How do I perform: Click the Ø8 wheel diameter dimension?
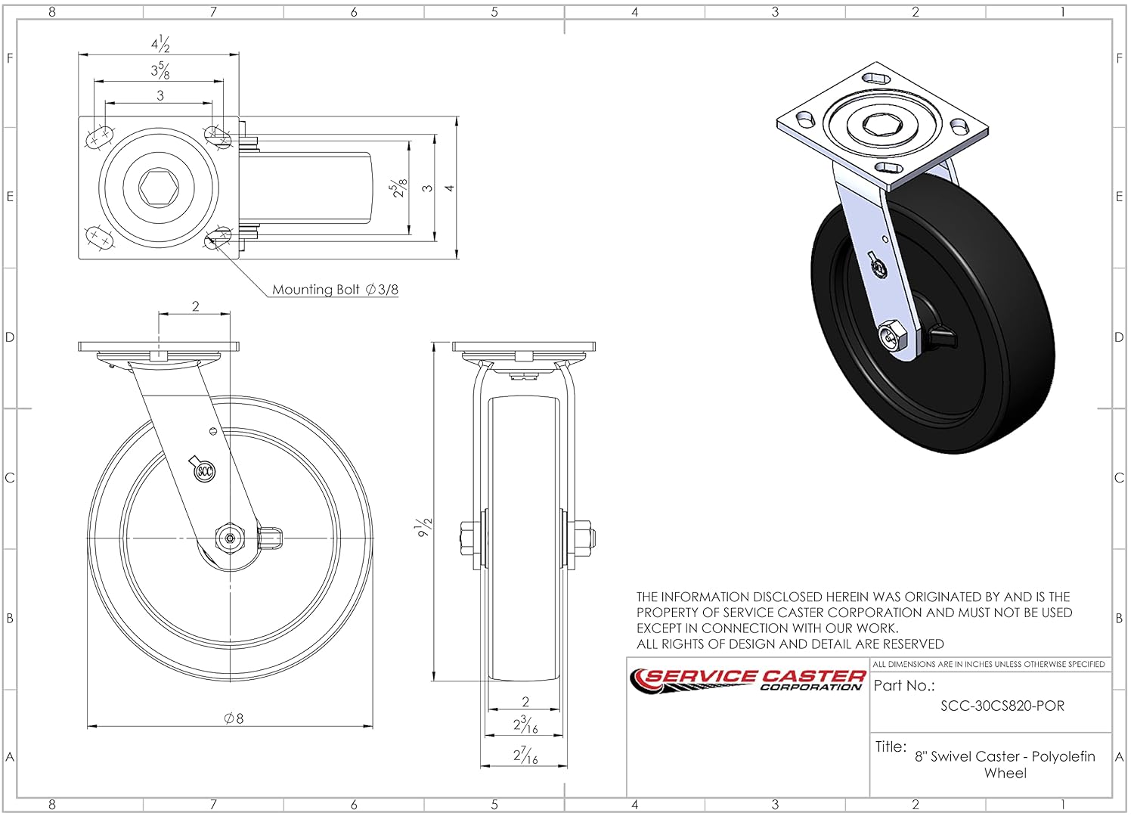pos(234,718)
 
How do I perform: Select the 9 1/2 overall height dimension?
pos(426,526)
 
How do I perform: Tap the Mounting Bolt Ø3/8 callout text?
pos(335,290)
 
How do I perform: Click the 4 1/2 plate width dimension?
pos(160,44)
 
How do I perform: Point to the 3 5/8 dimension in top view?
pos(160,70)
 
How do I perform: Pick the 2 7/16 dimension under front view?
pos(526,755)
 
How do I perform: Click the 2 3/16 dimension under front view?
pos(526,724)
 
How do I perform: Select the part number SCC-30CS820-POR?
pos(1002,706)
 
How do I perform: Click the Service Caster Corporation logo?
pos(748,679)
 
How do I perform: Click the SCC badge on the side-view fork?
pos(204,471)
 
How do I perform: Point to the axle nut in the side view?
pos(230,539)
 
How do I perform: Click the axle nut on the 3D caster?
pos(892,336)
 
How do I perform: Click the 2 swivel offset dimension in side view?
pos(196,306)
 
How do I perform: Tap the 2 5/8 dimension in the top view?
pos(398,188)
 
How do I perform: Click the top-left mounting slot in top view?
pos(99,138)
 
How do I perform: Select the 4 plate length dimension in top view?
pos(450,188)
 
